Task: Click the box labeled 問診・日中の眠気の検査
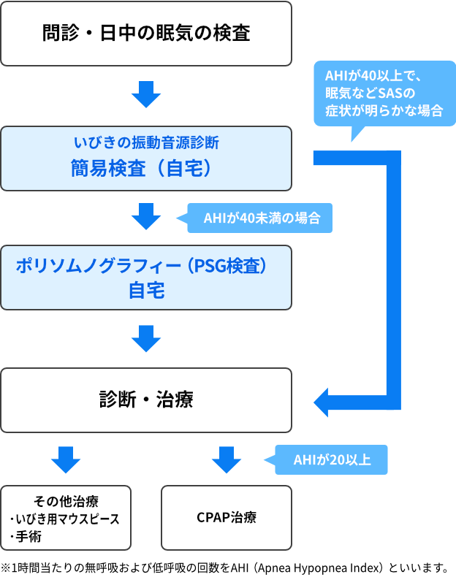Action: tap(146, 34)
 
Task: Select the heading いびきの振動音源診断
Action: tap(146, 142)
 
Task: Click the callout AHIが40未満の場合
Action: tap(259, 218)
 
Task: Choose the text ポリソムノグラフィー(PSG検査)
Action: tap(146, 266)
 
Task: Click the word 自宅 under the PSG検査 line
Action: tap(146, 291)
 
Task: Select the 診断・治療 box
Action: tap(146, 400)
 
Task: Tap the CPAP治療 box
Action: tap(226, 518)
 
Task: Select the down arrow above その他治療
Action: tap(66, 459)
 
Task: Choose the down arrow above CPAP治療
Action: tap(226, 459)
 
